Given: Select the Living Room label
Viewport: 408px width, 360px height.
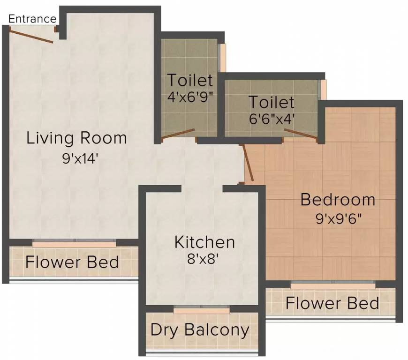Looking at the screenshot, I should pos(76,138).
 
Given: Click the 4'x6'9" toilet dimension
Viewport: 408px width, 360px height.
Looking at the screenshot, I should pos(190,97).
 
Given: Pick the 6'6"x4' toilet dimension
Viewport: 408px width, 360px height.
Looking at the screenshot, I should pos(272,119).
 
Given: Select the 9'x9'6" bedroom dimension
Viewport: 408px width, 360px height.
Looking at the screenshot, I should pos(338,218).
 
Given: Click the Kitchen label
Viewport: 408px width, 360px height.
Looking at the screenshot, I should pos(204,242).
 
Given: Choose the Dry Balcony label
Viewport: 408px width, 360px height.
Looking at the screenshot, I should pos(200,330).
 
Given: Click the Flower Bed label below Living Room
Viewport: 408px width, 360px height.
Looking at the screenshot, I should pos(72,262).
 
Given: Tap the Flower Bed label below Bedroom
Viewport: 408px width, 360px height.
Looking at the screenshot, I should pos(332,303).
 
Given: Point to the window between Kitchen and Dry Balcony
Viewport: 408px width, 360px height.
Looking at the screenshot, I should pos(202,310).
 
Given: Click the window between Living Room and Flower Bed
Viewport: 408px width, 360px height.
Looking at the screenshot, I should pos(74,244).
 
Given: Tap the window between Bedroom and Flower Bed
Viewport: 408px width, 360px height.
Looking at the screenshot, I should pos(333,284).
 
